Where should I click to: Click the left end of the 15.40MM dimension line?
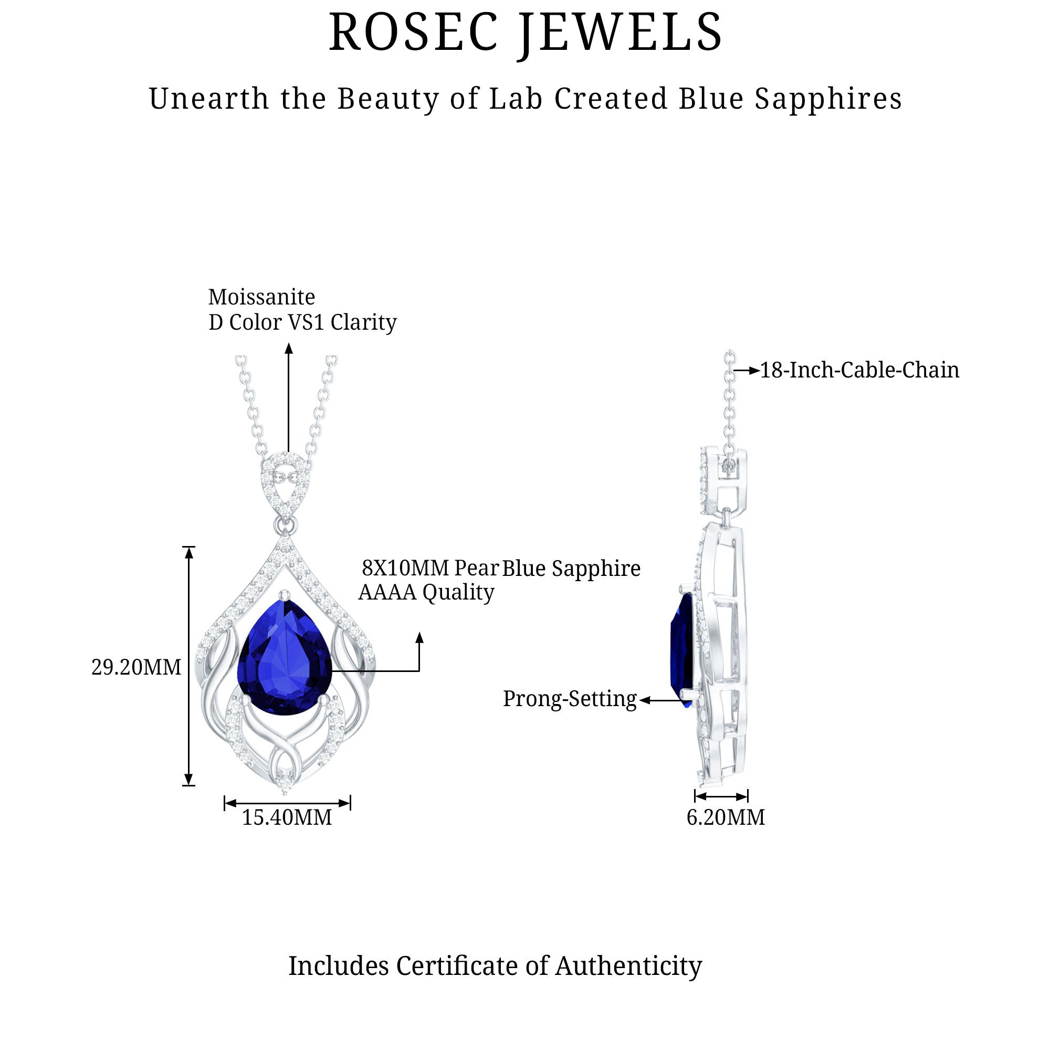point(225,803)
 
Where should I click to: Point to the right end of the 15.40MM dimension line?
point(350,803)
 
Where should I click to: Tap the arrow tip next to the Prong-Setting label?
point(639,700)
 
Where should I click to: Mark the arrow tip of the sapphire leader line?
point(419,633)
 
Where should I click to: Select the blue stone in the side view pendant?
point(682,650)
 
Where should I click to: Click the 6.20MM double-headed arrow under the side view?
point(721,797)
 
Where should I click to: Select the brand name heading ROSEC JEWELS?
point(526,33)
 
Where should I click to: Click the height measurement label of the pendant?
point(136,667)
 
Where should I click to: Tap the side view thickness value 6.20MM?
point(726,817)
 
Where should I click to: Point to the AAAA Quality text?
point(426,592)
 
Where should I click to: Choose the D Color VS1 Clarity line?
point(303,322)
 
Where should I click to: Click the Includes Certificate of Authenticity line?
point(495,966)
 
